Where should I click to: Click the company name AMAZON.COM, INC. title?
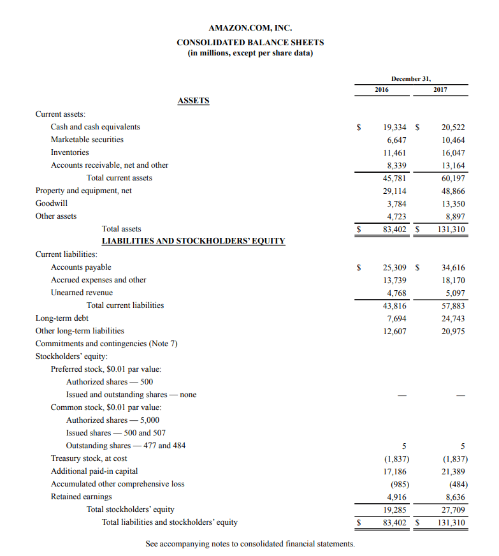click(250, 28)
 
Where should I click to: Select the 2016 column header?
click(382, 90)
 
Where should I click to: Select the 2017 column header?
click(440, 90)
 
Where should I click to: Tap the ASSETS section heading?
click(193, 101)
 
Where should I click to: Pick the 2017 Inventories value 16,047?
click(453, 152)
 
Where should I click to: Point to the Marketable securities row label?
click(87, 140)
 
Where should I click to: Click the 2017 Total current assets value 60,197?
click(453, 178)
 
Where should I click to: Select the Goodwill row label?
click(52, 203)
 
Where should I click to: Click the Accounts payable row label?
click(81, 267)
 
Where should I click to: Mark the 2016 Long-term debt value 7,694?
click(397, 318)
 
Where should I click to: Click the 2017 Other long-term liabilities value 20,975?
click(453, 331)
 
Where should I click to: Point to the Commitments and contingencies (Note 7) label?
click(106, 344)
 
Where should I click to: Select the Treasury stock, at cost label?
click(89, 458)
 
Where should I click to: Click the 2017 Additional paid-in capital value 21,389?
click(453, 471)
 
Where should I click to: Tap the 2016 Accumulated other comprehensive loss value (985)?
click(397, 484)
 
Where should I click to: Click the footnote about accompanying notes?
click(250, 544)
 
